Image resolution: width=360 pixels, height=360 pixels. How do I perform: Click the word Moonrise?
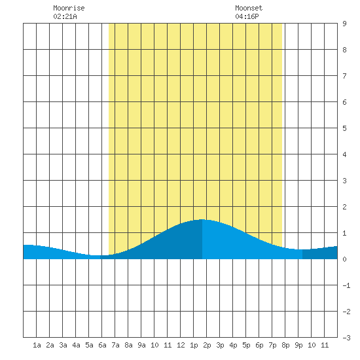click(69, 8)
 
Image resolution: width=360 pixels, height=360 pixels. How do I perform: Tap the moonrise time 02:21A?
click(65, 16)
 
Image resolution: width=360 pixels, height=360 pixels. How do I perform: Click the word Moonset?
click(249, 8)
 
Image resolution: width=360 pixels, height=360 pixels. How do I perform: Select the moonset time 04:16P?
click(247, 16)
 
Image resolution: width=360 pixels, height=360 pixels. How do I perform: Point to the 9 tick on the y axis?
click(344, 24)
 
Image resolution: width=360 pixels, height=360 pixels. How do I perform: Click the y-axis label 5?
click(344, 128)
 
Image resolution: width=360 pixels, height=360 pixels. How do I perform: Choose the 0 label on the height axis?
click(344, 259)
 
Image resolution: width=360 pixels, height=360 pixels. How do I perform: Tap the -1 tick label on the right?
click(346, 285)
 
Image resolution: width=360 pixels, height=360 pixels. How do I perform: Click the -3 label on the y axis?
click(346, 338)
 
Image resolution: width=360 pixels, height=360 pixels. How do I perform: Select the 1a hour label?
click(37, 345)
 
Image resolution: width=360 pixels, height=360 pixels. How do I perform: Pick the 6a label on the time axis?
click(102, 345)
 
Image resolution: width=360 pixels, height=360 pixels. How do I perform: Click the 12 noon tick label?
click(181, 345)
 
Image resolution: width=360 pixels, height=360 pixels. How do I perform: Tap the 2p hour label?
click(207, 345)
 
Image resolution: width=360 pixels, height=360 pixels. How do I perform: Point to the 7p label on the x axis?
click(272, 345)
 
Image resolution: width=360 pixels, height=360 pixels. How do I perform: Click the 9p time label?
click(298, 345)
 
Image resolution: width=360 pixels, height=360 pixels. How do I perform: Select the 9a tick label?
click(141, 345)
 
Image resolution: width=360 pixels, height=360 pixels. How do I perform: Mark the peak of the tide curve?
click(202, 219)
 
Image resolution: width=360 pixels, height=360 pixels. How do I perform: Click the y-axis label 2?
click(344, 207)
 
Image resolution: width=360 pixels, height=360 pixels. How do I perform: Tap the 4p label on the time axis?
click(233, 345)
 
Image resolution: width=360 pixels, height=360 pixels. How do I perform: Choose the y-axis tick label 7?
click(344, 76)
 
